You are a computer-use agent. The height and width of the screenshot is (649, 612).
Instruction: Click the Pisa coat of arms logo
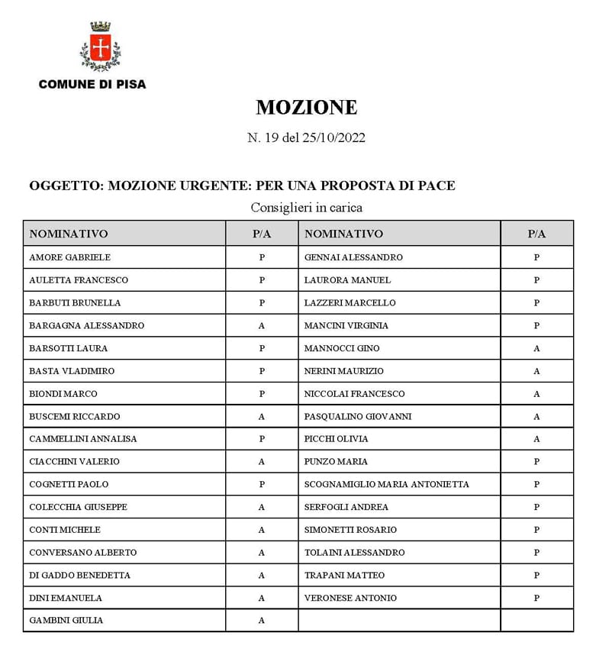[99, 47]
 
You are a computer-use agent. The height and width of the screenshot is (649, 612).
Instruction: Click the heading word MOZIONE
[306, 108]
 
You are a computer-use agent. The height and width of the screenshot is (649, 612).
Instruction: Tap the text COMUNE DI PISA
[92, 84]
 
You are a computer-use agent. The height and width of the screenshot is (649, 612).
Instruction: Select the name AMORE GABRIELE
[69, 257]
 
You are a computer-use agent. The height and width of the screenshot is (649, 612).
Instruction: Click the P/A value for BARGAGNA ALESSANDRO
[262, 325]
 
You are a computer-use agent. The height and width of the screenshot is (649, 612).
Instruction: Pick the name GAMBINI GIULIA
[66, 621]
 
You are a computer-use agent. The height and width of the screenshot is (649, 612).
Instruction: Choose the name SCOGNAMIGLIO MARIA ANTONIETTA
[386, 484]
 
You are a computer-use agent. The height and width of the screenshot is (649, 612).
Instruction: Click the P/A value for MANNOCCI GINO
[536, 348]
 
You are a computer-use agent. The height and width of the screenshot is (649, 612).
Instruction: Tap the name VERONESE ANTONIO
[350, 598]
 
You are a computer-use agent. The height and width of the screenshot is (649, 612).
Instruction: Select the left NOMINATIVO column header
[69, 234]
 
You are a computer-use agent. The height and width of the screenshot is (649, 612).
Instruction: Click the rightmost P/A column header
[536, 234]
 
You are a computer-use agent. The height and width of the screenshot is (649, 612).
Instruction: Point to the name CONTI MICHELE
[65, 530]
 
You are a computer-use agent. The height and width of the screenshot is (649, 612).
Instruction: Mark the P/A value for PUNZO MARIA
[536, 461]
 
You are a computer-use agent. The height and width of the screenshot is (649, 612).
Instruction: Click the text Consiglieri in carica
[306, 208]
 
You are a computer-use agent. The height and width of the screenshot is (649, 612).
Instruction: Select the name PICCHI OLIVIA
[336, 439]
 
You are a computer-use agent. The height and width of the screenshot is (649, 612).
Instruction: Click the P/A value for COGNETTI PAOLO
[262, 484]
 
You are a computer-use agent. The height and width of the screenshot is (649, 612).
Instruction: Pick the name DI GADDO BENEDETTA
[79, 575]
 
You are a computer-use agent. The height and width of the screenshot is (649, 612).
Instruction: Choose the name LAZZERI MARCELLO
[349, 302]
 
